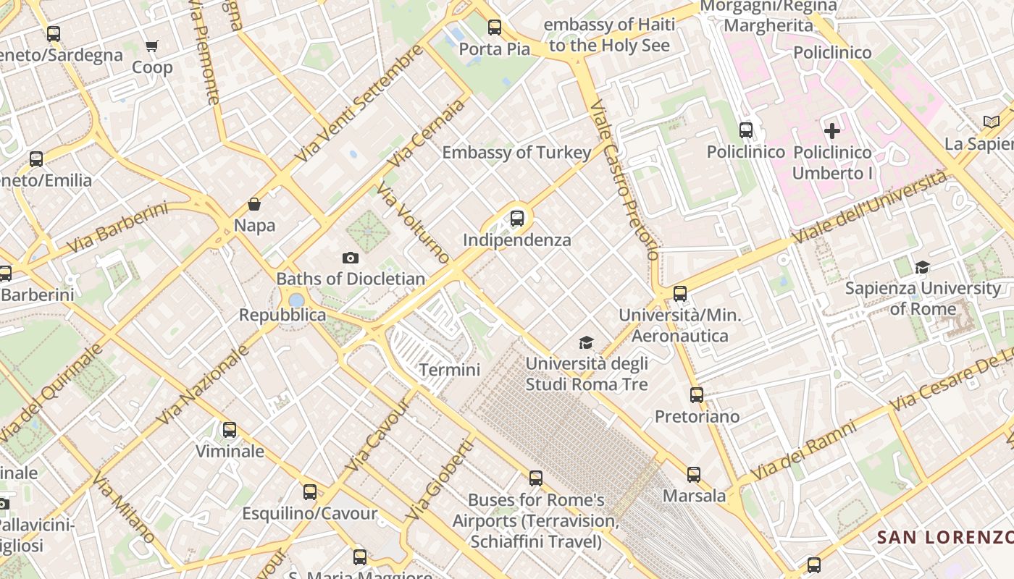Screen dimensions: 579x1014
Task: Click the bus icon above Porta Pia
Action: click(495, 28)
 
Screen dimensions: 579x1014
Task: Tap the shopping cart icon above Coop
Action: click(152, 46)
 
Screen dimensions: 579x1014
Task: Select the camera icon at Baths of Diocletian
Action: click(351, 258)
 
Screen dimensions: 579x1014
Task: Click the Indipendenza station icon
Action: click(517, 218)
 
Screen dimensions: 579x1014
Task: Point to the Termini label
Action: click(450, 370)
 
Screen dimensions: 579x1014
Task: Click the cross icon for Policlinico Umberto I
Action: click(832, 131)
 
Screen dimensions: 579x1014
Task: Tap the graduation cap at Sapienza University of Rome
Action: click(922, 267)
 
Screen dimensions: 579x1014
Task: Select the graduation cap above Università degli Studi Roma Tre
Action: click(586, 342)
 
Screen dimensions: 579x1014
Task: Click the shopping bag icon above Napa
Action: click(254, 204)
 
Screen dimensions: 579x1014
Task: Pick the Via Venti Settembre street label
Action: click(359, 103)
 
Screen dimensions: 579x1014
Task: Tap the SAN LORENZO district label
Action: click(944, 538)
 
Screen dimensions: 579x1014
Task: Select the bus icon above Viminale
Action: click(230, 430)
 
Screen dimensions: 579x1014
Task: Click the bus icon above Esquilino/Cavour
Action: click(310, 492)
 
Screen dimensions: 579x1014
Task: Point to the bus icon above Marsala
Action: click(694, 475)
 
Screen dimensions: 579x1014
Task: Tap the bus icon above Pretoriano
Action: click(697, 395)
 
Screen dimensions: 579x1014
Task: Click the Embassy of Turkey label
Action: click(516, 153)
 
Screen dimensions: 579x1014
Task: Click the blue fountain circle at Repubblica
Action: click(296, 300)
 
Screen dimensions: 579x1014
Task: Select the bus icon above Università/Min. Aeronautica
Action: click(680, 294)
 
